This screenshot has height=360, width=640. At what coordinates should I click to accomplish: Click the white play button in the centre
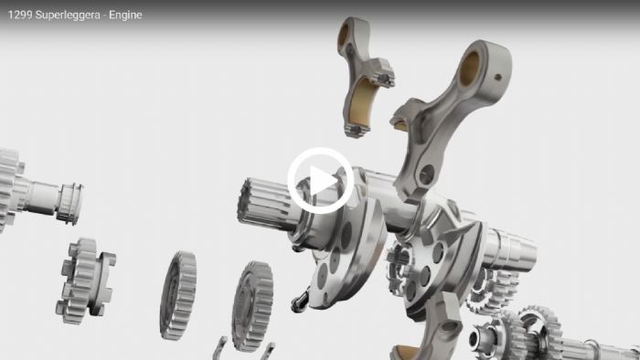320,181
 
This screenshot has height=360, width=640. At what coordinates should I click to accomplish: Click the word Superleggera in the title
68,16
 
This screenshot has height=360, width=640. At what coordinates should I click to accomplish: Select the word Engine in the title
125,16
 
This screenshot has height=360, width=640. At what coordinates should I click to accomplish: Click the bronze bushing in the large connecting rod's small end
469,69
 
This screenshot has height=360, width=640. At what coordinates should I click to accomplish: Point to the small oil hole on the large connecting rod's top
498,77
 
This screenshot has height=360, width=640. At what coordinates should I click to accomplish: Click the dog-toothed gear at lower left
85,281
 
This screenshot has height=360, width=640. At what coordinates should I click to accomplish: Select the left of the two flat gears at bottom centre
178,295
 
